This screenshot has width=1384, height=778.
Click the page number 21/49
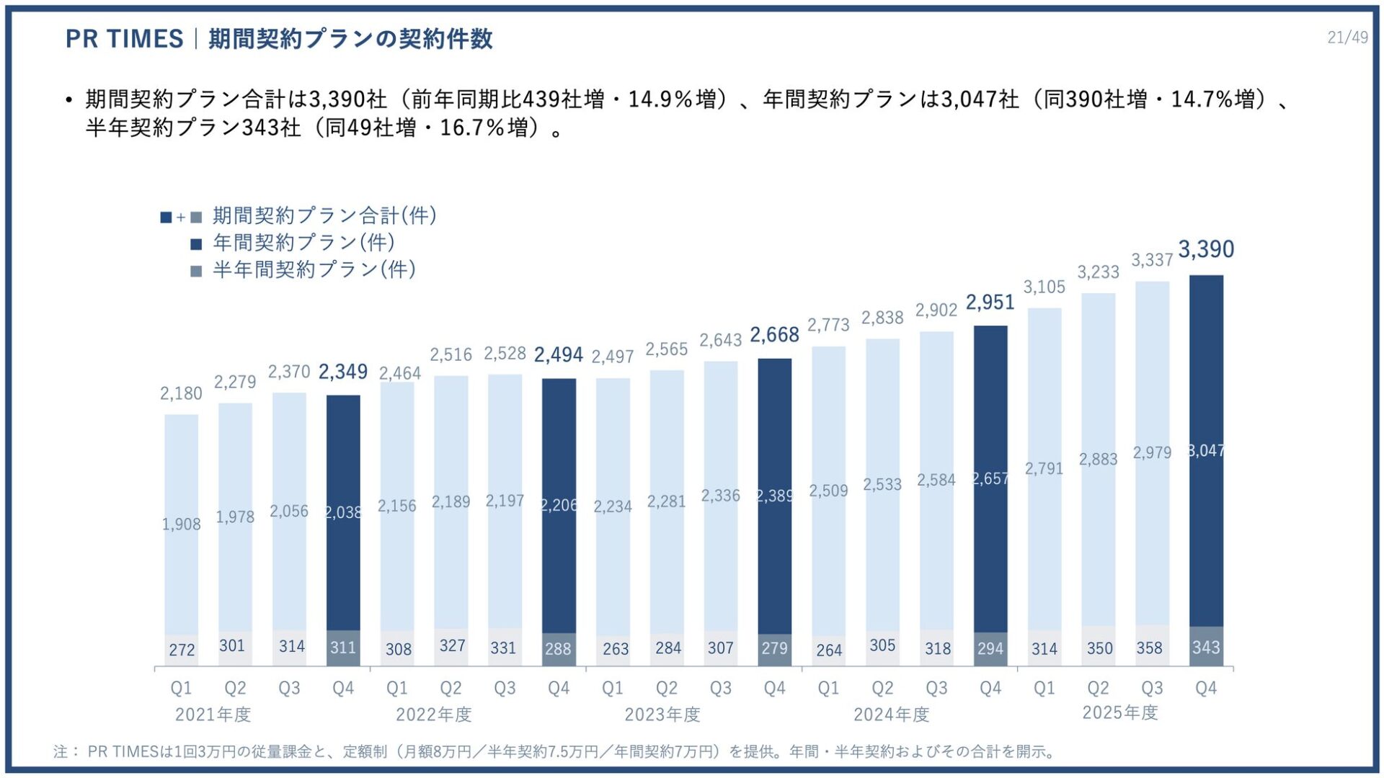(x=1347, y=37)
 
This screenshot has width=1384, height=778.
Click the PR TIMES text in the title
(x=124, y=39)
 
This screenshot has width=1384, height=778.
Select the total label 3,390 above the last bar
(x=1206, y=249)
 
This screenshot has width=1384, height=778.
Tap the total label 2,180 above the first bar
(x=181, y=393)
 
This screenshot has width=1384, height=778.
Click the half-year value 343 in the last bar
(x=1206, y=647)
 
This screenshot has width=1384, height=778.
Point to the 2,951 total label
(x=990, y=303)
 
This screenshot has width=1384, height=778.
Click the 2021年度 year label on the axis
(x=213, y=715)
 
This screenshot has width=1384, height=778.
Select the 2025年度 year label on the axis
(x=1120, y=712)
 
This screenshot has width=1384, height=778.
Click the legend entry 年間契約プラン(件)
(x=303, y=243)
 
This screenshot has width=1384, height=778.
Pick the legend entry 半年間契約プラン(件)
(x=314, y=270)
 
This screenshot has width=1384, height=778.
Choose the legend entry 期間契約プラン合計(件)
(x=324, y=215)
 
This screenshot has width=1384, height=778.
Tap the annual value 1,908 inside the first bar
(x=181, y=524)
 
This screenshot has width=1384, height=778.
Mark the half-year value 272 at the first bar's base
(x=182, y=650)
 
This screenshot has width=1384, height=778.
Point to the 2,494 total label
(x=558, y=355)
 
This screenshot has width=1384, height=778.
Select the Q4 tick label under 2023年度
(x=774, y=688)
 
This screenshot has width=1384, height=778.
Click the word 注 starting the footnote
(x=61, y=751)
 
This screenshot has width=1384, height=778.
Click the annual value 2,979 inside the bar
(x=1151, y=452)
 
